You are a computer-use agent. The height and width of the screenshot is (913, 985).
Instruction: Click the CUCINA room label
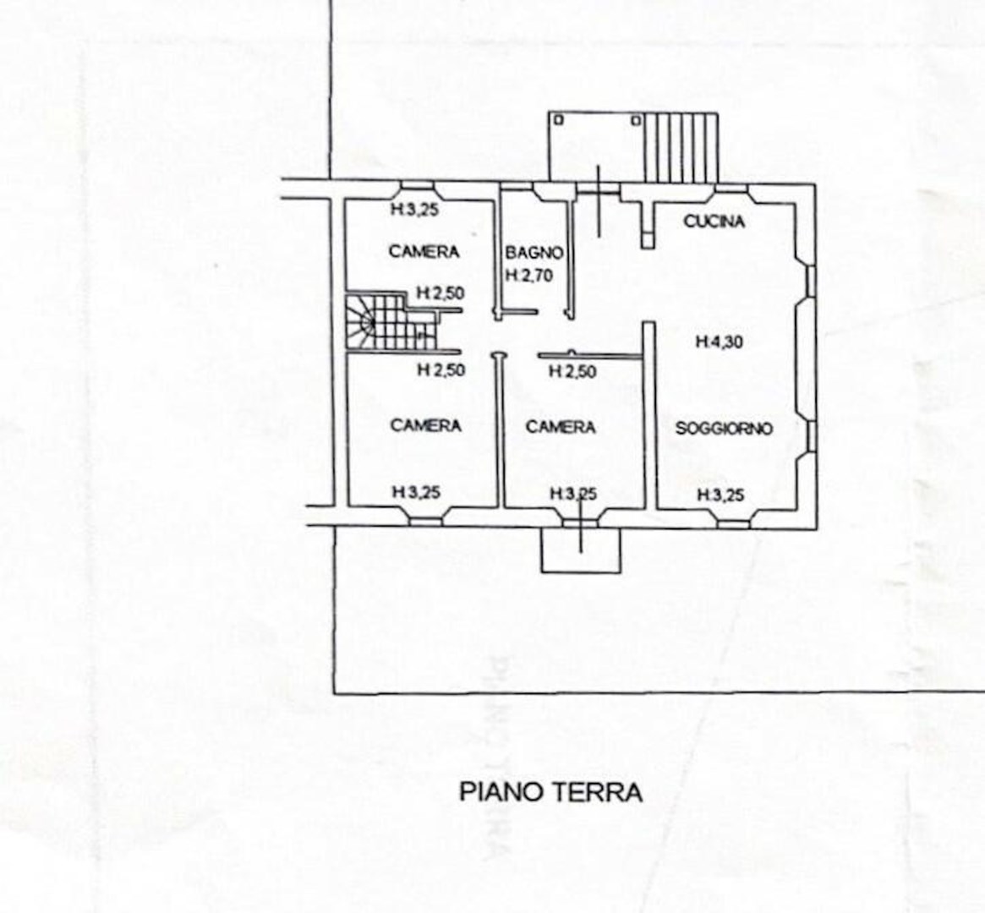(x=714, y=221)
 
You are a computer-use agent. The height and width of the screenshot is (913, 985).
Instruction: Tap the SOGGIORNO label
(x=724, y=429)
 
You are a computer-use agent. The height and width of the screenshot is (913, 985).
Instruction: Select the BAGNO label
(x=534, y=253)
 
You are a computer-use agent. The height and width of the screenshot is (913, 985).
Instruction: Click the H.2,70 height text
(x=529, y=275)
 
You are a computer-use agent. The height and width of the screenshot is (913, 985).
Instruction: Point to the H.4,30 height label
(x=720, y=342)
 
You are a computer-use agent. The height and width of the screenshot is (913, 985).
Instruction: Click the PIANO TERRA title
(x=551, y=792)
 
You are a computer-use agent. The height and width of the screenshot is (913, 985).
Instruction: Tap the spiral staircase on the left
(x=391, y=321)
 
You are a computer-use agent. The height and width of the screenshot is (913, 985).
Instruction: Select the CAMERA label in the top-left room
(x=424, y=251)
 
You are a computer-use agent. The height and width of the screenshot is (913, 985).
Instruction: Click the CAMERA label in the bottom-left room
(x=426, y=425)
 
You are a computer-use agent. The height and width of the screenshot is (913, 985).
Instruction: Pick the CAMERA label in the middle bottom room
(x=561, y=427)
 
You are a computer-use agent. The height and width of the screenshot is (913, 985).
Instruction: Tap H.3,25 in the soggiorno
(x=721, y=495)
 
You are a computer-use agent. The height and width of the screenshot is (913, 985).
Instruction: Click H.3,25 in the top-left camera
(x=414, y=210)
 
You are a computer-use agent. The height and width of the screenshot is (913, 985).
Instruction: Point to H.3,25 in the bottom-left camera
(x=416, y=492)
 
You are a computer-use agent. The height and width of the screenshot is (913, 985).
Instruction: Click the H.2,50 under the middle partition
(x=572, y=372)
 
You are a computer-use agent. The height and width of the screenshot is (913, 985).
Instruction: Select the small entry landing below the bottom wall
(x=581, y=550)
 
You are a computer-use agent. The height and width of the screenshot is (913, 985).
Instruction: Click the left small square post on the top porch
(x=559, y=119)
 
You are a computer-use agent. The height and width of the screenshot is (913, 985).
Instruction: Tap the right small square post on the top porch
(x=637, y=119)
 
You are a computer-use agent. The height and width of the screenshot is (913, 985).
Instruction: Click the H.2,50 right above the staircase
(x=441, y=293)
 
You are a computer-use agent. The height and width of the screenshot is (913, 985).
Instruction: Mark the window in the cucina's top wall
(x=731, y=187)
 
